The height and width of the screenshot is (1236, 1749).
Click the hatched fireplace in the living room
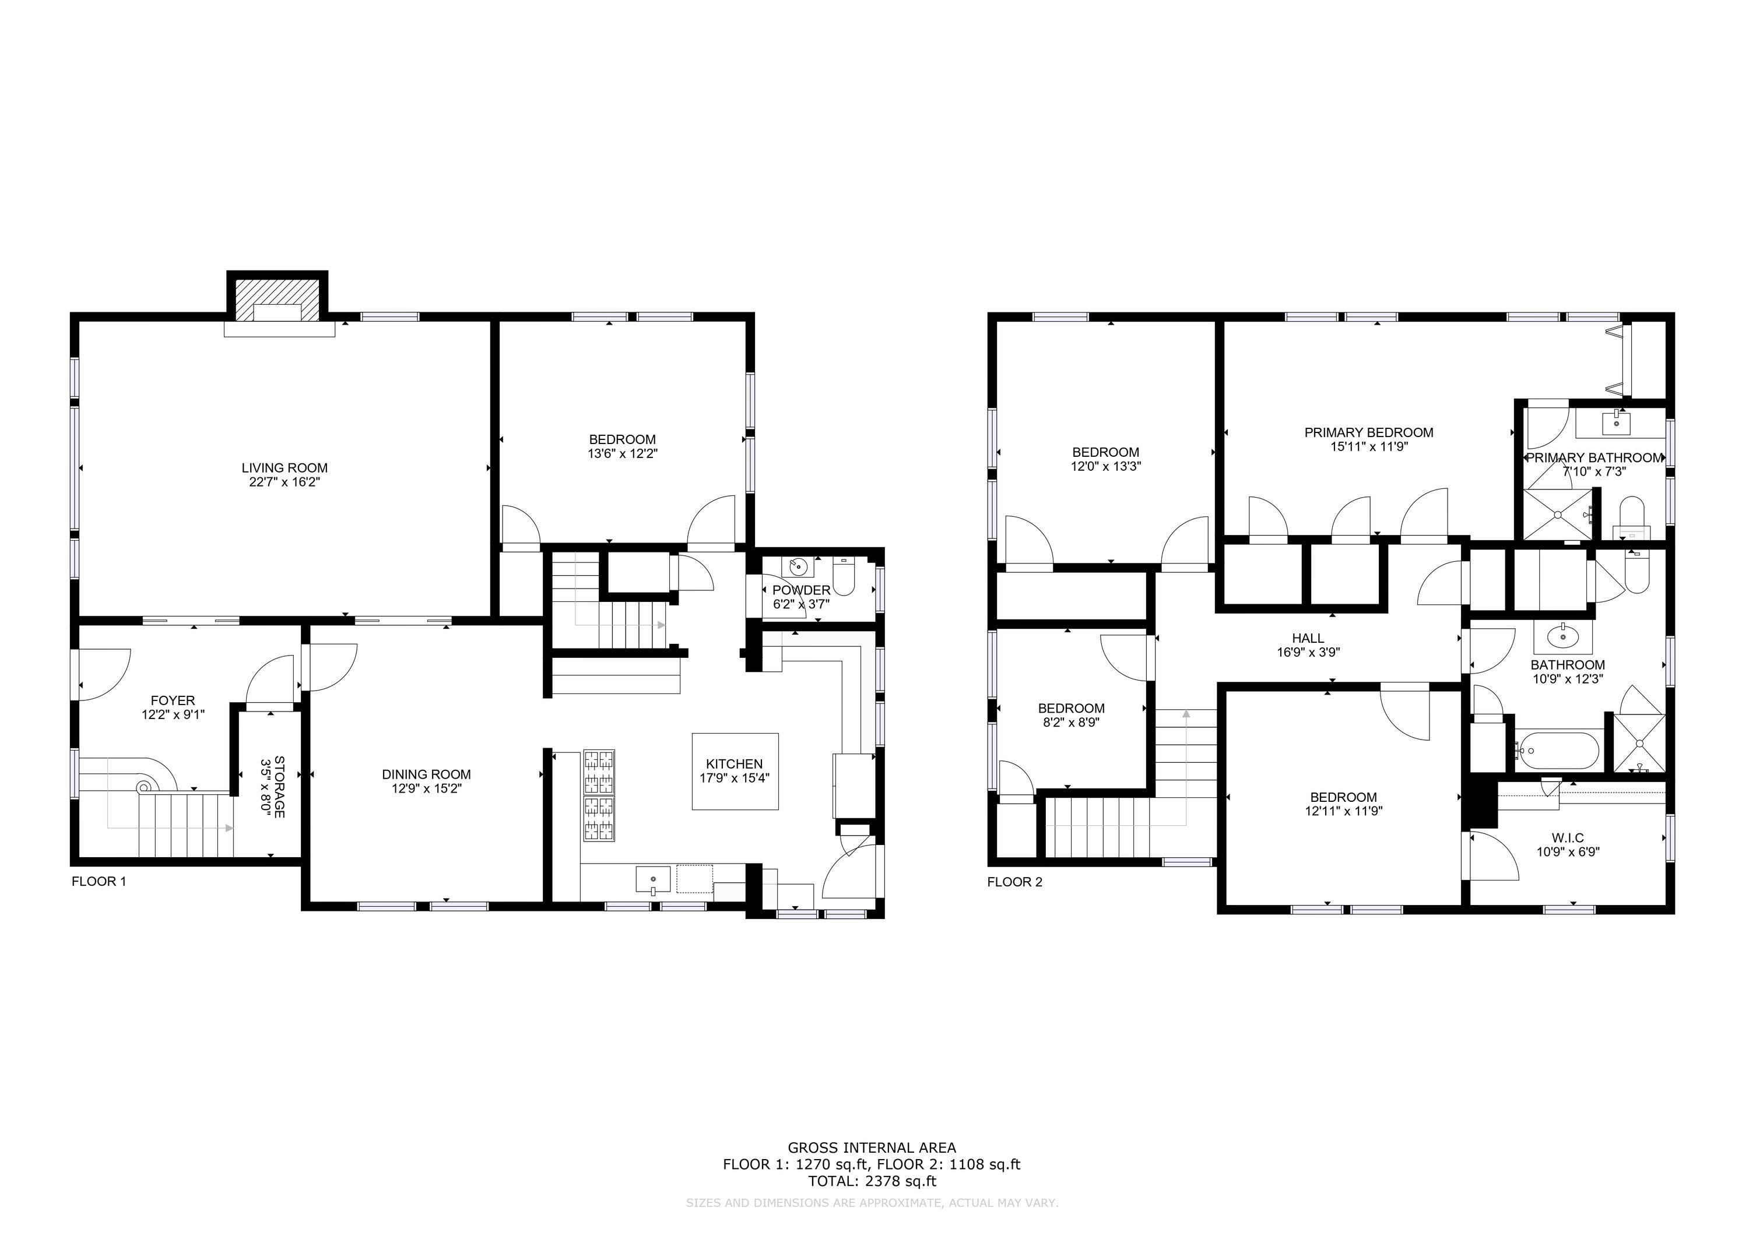(x=278, y=300)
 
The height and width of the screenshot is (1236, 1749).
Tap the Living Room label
(x=285, y=467)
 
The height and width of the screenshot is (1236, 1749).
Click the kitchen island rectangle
(x=735, y=771)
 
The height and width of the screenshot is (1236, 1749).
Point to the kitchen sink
(x=654, y=879)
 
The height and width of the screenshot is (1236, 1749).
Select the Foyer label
(x=173, y=700)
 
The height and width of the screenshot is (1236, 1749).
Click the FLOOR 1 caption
(x=99, y=881)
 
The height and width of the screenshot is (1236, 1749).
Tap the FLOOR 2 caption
(x=1014, y=882)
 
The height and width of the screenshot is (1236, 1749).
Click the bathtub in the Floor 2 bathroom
(x=1557, y=750)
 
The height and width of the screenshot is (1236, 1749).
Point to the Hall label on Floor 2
(x=1308, y=638)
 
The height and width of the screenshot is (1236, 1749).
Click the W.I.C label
(x=1568, y=838)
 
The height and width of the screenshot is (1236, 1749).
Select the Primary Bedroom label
(x=1369, y=432)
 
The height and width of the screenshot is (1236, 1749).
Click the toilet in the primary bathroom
(x=1632, y=518)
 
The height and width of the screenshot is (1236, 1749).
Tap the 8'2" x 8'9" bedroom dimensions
(x=1071, y=722)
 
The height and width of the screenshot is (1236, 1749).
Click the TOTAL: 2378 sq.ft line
(x=872, y=1181)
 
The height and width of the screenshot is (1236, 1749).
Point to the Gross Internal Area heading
(x=872, y=1147)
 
